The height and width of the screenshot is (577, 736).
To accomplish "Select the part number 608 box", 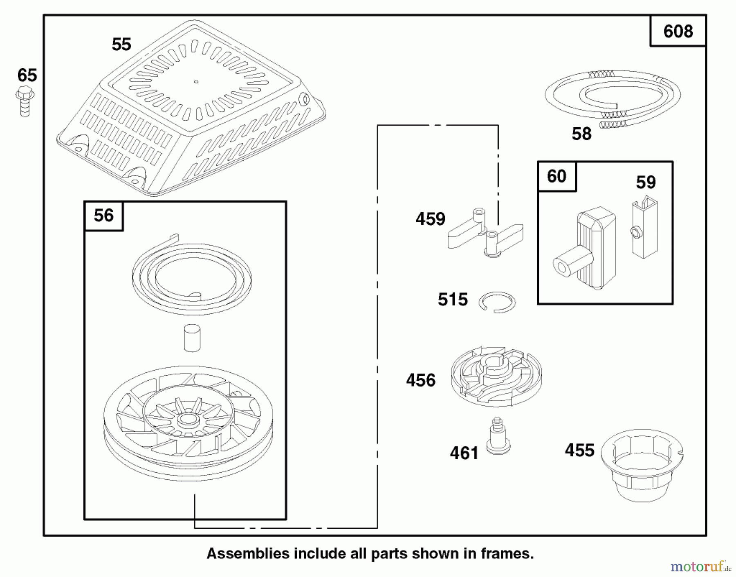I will tap(678, 31).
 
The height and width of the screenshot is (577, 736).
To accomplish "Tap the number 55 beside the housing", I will tap(121, 45).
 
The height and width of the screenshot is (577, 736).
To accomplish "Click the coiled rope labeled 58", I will tap(612, 97).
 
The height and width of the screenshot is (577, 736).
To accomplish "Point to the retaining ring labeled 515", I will tap(497, 302).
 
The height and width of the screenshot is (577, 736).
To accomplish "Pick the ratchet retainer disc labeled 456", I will tap(496, 376).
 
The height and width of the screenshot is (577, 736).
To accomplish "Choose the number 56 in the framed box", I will tap(103, 216).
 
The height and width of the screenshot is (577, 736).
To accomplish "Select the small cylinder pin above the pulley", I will tap(192, 338).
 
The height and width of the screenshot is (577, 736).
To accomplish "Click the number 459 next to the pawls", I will tap(430, 219).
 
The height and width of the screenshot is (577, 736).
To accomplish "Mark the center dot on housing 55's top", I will tap(196, 82).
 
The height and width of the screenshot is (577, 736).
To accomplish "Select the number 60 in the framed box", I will tap(556, 177).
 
